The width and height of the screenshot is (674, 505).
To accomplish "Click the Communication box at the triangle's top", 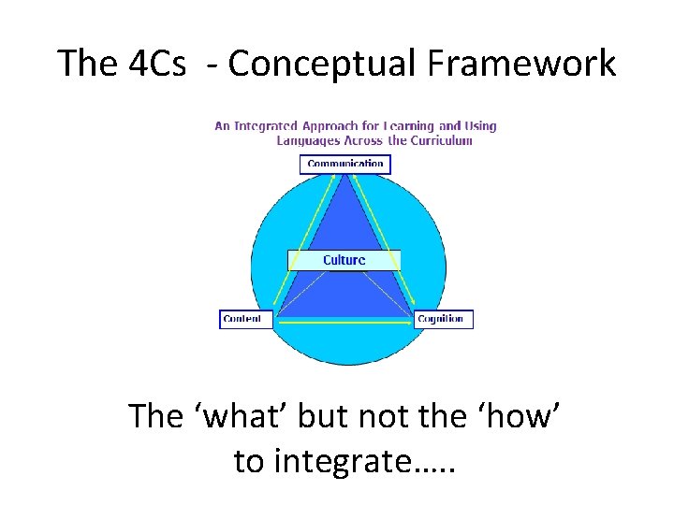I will [345, 164].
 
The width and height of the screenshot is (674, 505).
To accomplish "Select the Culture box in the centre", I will [344, 260].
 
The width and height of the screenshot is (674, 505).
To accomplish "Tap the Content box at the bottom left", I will [245, 319].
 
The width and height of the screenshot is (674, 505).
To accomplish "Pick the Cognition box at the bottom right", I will [444, 319].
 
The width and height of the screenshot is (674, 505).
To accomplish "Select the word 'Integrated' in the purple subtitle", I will [265, 125].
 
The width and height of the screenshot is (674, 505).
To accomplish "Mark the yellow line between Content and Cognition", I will [344, 323].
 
